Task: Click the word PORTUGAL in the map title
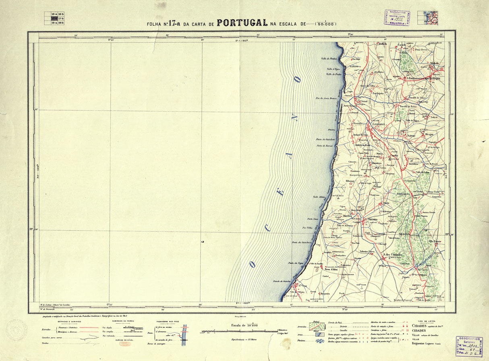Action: click(242, 23)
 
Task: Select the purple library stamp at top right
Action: click(397, 19)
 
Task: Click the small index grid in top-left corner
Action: click(54, 19)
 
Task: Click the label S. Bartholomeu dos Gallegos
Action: click(423, 78)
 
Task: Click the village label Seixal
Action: click(363, 102)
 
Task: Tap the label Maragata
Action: click(423, 150)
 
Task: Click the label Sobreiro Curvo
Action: click(367, 251)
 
